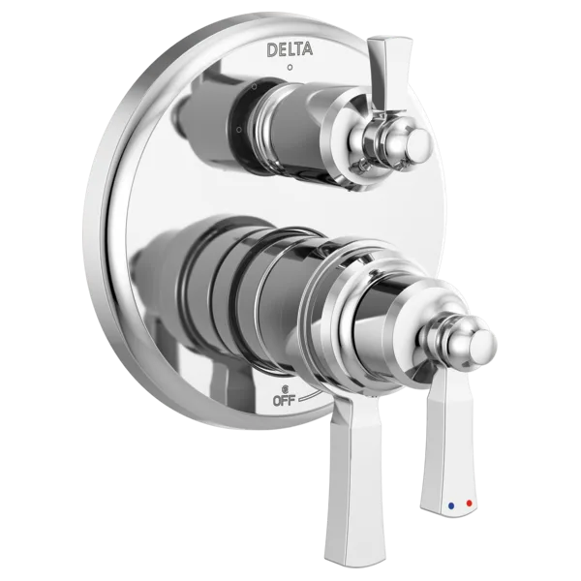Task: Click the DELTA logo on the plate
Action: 290,50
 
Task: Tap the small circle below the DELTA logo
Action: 290,68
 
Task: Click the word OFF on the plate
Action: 284,401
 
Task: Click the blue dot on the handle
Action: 451,505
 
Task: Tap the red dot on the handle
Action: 470,504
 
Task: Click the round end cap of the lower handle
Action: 481,346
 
